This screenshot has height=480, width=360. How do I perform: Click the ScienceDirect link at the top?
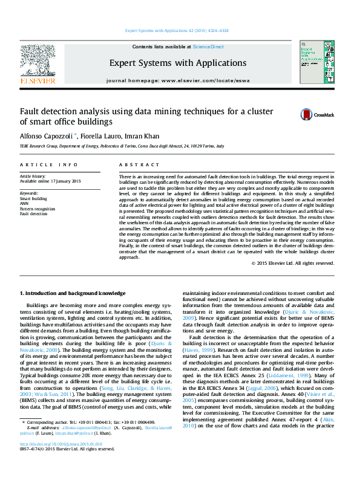pos(208,47)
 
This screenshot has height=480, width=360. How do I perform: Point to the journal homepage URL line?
pos(177,80)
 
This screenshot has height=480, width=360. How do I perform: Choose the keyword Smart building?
pos(34,198)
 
